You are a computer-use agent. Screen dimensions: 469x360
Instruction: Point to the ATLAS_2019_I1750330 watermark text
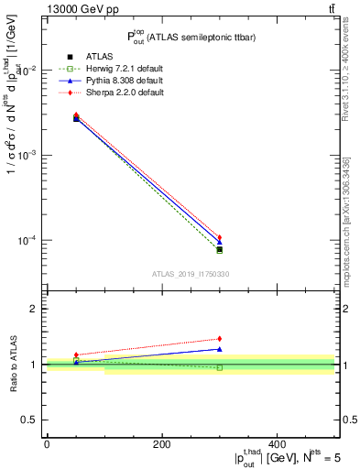pyautogui.click(x=190, y=274)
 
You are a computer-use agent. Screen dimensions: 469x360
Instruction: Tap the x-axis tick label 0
pyautogui.click(x=47, y=444)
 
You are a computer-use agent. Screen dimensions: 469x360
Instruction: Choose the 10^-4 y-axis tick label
pyautogui.click(x=27, y=241)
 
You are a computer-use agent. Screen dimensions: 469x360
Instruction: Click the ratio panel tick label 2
pyautogui.click(x=33, y=309)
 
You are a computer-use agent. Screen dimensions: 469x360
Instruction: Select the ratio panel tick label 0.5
pyautogui.click(x=29, y=420)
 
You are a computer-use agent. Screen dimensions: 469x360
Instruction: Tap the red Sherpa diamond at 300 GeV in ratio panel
pyautogui.click(x=220, y=339)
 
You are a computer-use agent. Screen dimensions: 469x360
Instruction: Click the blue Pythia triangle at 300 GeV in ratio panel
pyautogui.click(x=220, y=349)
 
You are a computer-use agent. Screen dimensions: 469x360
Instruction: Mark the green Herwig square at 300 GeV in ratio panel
pyautogui.click(x=220, y=367)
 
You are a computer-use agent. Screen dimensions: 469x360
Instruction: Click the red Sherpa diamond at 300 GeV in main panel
pyautogui.click(x=220, y=238)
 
